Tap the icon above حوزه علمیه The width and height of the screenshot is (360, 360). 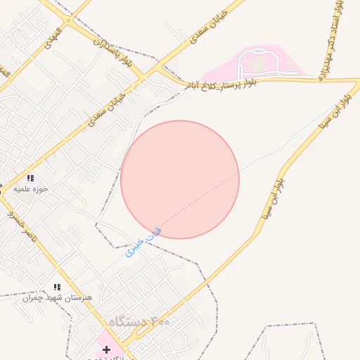tap(30, 178)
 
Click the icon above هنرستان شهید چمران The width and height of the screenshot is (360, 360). tap(58, 287)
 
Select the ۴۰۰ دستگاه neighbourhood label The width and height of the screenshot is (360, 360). tap(139, 321)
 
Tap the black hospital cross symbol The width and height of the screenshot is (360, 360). tap(106, 349)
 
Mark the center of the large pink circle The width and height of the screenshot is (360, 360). tap(180, 180)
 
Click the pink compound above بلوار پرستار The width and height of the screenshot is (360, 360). tap(260, 65)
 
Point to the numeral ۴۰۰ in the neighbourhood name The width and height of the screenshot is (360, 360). tap(160, 321)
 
